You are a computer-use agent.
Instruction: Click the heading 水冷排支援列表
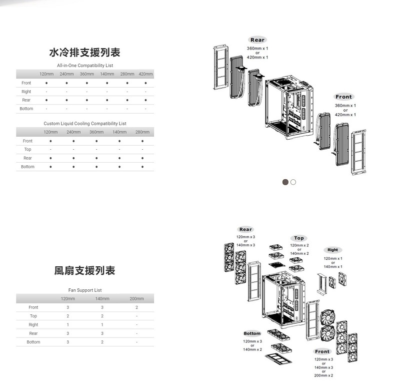[x=85, y=53]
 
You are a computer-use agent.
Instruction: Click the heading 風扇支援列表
[x=85, y=271]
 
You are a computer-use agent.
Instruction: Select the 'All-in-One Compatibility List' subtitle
[x=85, y=66]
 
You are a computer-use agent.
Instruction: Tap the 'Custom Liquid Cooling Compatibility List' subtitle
[x=85, y=123]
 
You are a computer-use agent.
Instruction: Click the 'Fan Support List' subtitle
[x=85, y=290]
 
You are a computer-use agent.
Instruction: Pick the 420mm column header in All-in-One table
[x=145, y=75]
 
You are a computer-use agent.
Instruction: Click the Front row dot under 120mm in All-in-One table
[x=46, y=83]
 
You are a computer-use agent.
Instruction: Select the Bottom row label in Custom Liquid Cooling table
[x=28, y=167]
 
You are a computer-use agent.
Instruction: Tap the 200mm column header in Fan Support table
[x=136, y=299]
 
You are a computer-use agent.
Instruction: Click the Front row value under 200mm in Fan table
[x=136, y=307]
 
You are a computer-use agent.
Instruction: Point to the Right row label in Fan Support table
[x=33, y=325]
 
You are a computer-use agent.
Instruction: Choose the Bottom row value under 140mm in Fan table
[x=102, y=342]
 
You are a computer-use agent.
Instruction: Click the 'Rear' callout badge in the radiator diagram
[x=257, y=40]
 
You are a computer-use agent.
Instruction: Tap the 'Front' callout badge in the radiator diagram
[x=344, y=97]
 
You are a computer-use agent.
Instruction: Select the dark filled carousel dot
[x=285, y=182]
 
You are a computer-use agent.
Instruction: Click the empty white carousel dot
[x=293, y=182]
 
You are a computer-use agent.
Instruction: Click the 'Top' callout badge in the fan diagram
[x=299, y=238]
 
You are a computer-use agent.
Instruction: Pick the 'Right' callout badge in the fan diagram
[x=333, y=250]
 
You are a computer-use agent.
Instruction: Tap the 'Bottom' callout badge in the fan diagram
[x=252, y=333]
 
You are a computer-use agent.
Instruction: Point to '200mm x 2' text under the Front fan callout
[x=323, y=375]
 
